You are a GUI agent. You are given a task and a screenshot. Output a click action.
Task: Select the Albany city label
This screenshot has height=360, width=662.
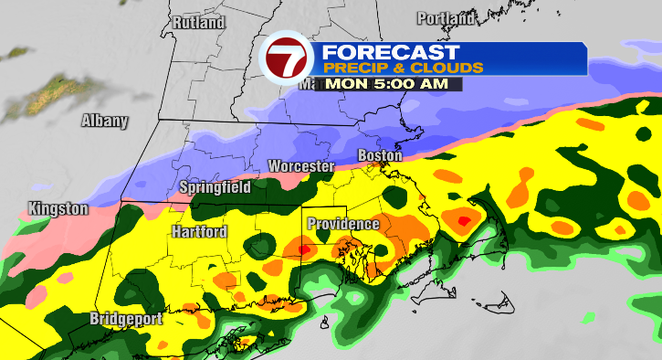pos(105,121)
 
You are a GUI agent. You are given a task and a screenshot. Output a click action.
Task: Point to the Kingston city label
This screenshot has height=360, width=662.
pos(58,208)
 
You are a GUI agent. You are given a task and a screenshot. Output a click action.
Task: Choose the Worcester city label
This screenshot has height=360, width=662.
pos(300,166)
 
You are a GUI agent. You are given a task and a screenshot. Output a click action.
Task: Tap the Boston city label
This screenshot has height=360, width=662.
pos(379,156)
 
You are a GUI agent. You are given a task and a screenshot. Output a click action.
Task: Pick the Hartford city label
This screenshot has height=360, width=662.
pos(198,232)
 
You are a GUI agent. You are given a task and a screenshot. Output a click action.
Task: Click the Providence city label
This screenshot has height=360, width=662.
pos(342,224)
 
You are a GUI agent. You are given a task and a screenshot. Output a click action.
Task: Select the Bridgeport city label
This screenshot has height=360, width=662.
pos(126,319)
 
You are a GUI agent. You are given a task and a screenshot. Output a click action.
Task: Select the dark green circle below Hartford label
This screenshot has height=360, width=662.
pos(263,245)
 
